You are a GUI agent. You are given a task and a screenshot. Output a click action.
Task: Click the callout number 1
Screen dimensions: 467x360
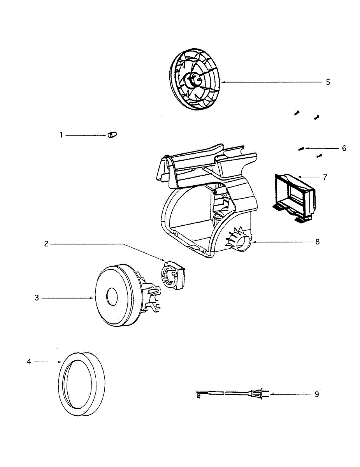[x=61, y=135]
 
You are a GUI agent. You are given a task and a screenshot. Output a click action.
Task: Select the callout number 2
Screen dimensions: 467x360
[x=46, y=244]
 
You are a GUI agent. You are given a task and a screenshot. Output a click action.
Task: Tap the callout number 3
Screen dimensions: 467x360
[x=37, y=298]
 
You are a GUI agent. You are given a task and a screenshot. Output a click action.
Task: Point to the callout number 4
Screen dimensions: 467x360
[x=29, y=362]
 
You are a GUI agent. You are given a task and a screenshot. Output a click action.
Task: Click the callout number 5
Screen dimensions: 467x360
[x=328, y=82]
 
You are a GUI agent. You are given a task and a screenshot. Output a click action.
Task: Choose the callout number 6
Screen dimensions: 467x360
[x=344, y=148]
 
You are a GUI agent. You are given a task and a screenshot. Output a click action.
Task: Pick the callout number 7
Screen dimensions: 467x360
[x=325, y=177]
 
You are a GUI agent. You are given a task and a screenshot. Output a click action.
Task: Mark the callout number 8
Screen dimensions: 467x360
[x=318, y=242]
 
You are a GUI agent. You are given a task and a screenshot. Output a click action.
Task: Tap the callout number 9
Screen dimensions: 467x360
[x=317, y=394]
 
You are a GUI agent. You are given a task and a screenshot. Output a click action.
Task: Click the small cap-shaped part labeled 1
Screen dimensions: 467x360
[x=112, y=135]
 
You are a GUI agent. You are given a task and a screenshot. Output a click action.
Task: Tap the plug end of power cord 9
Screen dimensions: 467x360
[x=261, y=394]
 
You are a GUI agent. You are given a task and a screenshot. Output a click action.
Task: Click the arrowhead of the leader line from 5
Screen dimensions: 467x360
[x=221, y=82]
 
